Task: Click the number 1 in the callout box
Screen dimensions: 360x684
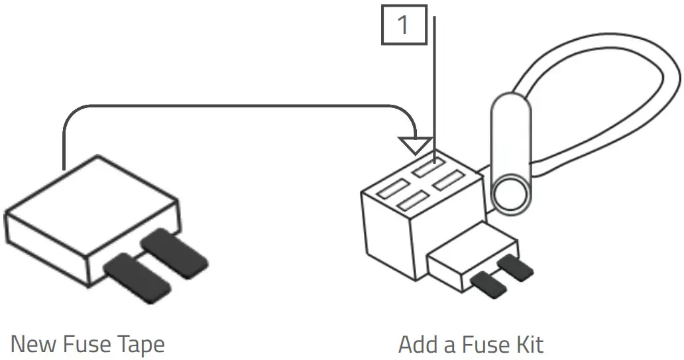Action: (404, 25)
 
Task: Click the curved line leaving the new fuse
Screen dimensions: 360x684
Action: (232, 105)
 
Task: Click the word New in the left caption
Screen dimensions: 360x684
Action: (34, 345)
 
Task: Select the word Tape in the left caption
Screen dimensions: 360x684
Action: (139, 345)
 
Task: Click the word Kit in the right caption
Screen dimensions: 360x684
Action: (530, 345)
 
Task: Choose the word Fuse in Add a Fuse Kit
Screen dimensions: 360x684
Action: (484, 345)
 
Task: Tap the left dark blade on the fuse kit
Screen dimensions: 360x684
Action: (488, 284)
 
